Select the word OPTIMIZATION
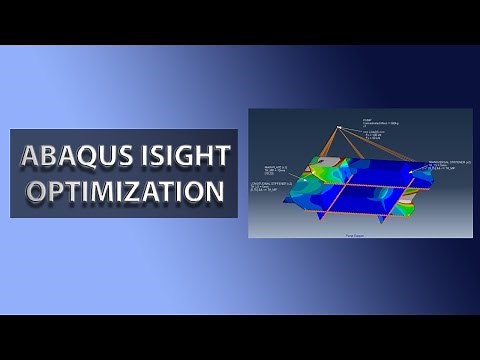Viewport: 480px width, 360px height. tap(124, 190)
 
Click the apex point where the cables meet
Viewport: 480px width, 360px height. tap(340, 126)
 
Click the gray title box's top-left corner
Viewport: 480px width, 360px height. tap(11, 129)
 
